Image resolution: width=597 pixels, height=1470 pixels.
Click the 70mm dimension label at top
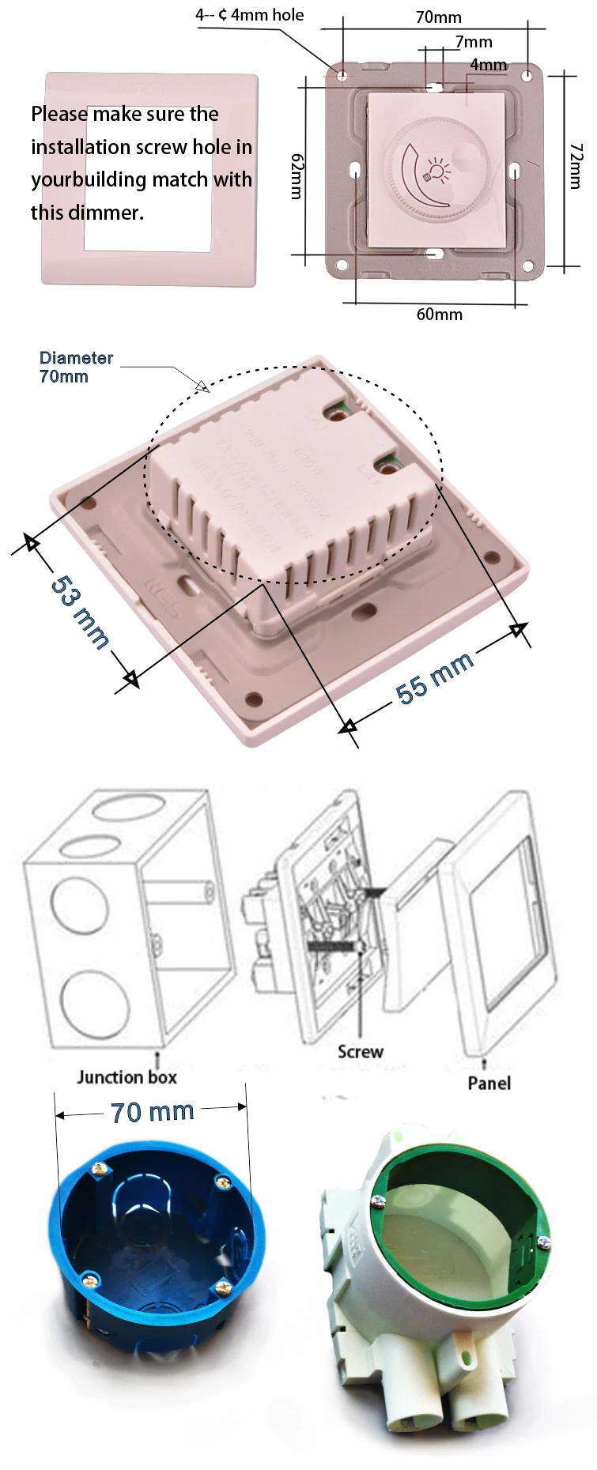[438, 17]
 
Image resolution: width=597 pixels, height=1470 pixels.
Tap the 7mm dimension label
[474, 42]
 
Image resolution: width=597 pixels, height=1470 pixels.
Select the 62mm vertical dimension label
[297, 176]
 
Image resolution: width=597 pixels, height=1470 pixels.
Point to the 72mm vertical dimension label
[576, 166]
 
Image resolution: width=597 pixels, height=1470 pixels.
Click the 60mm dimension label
[439, 315]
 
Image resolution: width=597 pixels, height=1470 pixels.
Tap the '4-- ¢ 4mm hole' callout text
[250, 15]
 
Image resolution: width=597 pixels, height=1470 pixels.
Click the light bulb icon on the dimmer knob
[438, 169]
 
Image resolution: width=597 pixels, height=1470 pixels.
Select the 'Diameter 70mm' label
[76, 367]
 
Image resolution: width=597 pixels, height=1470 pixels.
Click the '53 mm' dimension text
[80, 611]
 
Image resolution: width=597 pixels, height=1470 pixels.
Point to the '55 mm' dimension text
[434, 677]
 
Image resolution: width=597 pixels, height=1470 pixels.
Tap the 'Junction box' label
[127, 1077]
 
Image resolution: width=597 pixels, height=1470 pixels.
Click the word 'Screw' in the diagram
[360, 1052]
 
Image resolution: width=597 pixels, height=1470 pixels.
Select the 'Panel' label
[489, 1083]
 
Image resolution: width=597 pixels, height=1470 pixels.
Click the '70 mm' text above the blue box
[153, 1112]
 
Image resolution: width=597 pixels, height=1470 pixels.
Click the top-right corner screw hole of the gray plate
[527, 76]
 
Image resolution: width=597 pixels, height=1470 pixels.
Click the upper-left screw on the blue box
[99, 1168]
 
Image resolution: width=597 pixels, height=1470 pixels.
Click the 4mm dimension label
[488, 65]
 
